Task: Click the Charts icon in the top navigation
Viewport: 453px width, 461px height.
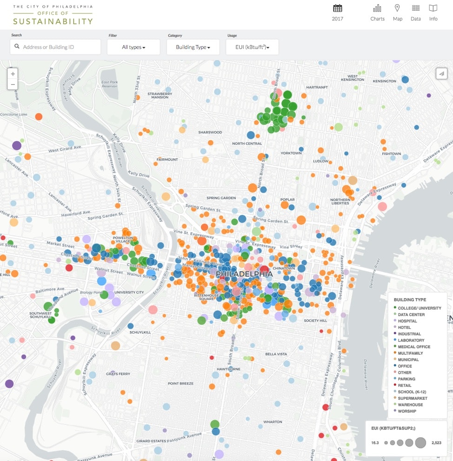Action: [x=377, y=8]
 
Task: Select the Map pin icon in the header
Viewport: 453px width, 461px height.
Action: [x=397, y=8]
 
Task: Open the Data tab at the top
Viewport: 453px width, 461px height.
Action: [x=416, y=8]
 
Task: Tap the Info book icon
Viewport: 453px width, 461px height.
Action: [x=433, y=8]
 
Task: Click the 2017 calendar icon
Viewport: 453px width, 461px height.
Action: [x=338, y=8]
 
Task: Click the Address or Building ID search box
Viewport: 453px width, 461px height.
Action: [x=55, y=47]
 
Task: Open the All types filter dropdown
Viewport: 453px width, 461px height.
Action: [x=133, y=47]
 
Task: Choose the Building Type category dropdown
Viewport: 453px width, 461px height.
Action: [x=193, y=47]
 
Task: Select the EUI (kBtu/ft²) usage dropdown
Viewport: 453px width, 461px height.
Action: [x=252, y=47]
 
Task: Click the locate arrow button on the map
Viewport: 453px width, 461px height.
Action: [x=441, y=73]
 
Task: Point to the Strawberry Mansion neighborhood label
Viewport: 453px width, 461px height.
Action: [x=160, y=95]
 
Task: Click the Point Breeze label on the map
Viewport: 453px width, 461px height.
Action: [x=180, y=383]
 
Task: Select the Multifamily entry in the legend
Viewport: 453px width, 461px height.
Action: [x=410, y=353]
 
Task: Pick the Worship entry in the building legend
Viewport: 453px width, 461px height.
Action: [x=407, y=411]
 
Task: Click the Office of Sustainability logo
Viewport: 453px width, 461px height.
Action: [x=53, y=15]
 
